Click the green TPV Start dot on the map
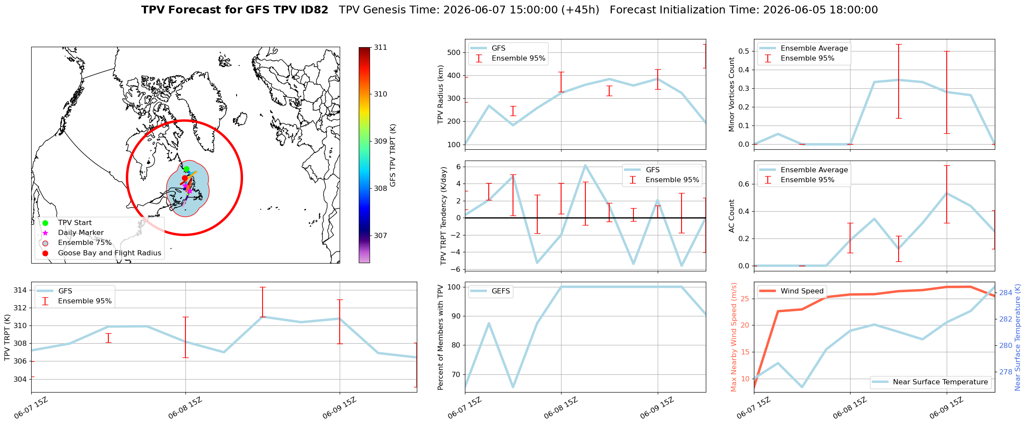[186, 169]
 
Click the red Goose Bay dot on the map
[185, 178]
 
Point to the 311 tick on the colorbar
[380, 48]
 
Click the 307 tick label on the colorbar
[380, 236]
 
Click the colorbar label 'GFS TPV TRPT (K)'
[393, 155]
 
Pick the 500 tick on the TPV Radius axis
[453, 52]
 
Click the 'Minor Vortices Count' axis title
[732, 94]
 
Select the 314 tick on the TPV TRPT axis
[19, 290]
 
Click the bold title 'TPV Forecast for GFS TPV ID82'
[235, 10]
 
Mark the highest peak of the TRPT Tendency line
[585, 165]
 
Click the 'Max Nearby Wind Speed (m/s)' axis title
[734, 337]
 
